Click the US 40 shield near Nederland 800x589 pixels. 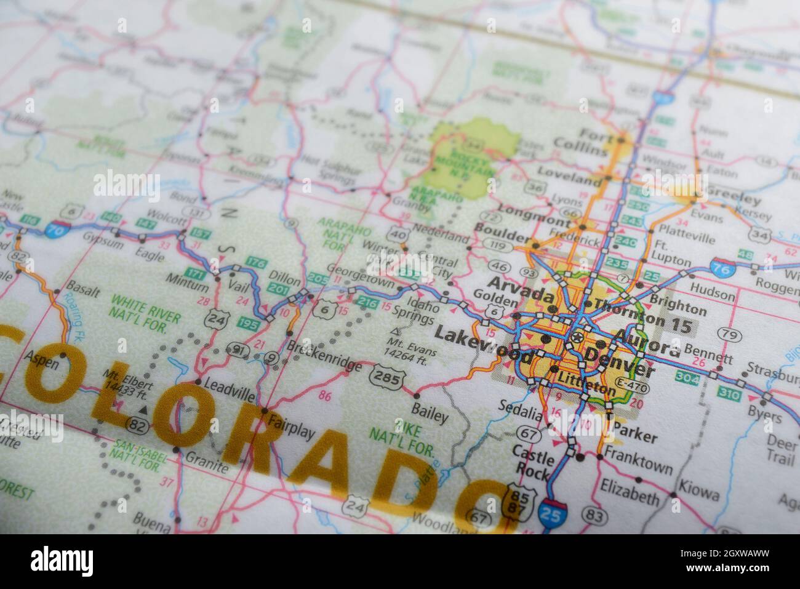(x=398, y=234)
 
